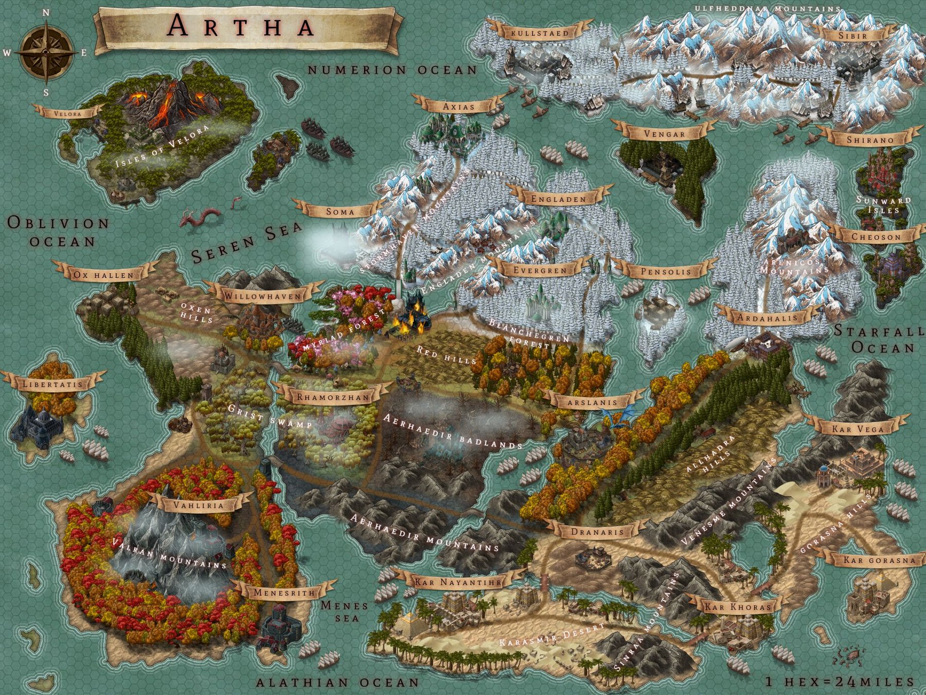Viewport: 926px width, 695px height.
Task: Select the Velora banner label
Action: coord(68,113)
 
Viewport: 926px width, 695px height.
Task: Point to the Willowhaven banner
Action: coord(262,297)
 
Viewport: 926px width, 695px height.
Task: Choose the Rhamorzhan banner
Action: coord(333,397)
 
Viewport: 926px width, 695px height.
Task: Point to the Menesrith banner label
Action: coord(284,593)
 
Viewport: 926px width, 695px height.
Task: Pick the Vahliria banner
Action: coord(199,505)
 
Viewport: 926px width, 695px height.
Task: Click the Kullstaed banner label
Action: coord(540,33)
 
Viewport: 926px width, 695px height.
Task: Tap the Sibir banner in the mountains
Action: coord(852,36)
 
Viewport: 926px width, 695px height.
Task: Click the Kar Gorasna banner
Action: coord(879,560)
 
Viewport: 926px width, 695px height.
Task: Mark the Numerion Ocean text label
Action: coord(393,70)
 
